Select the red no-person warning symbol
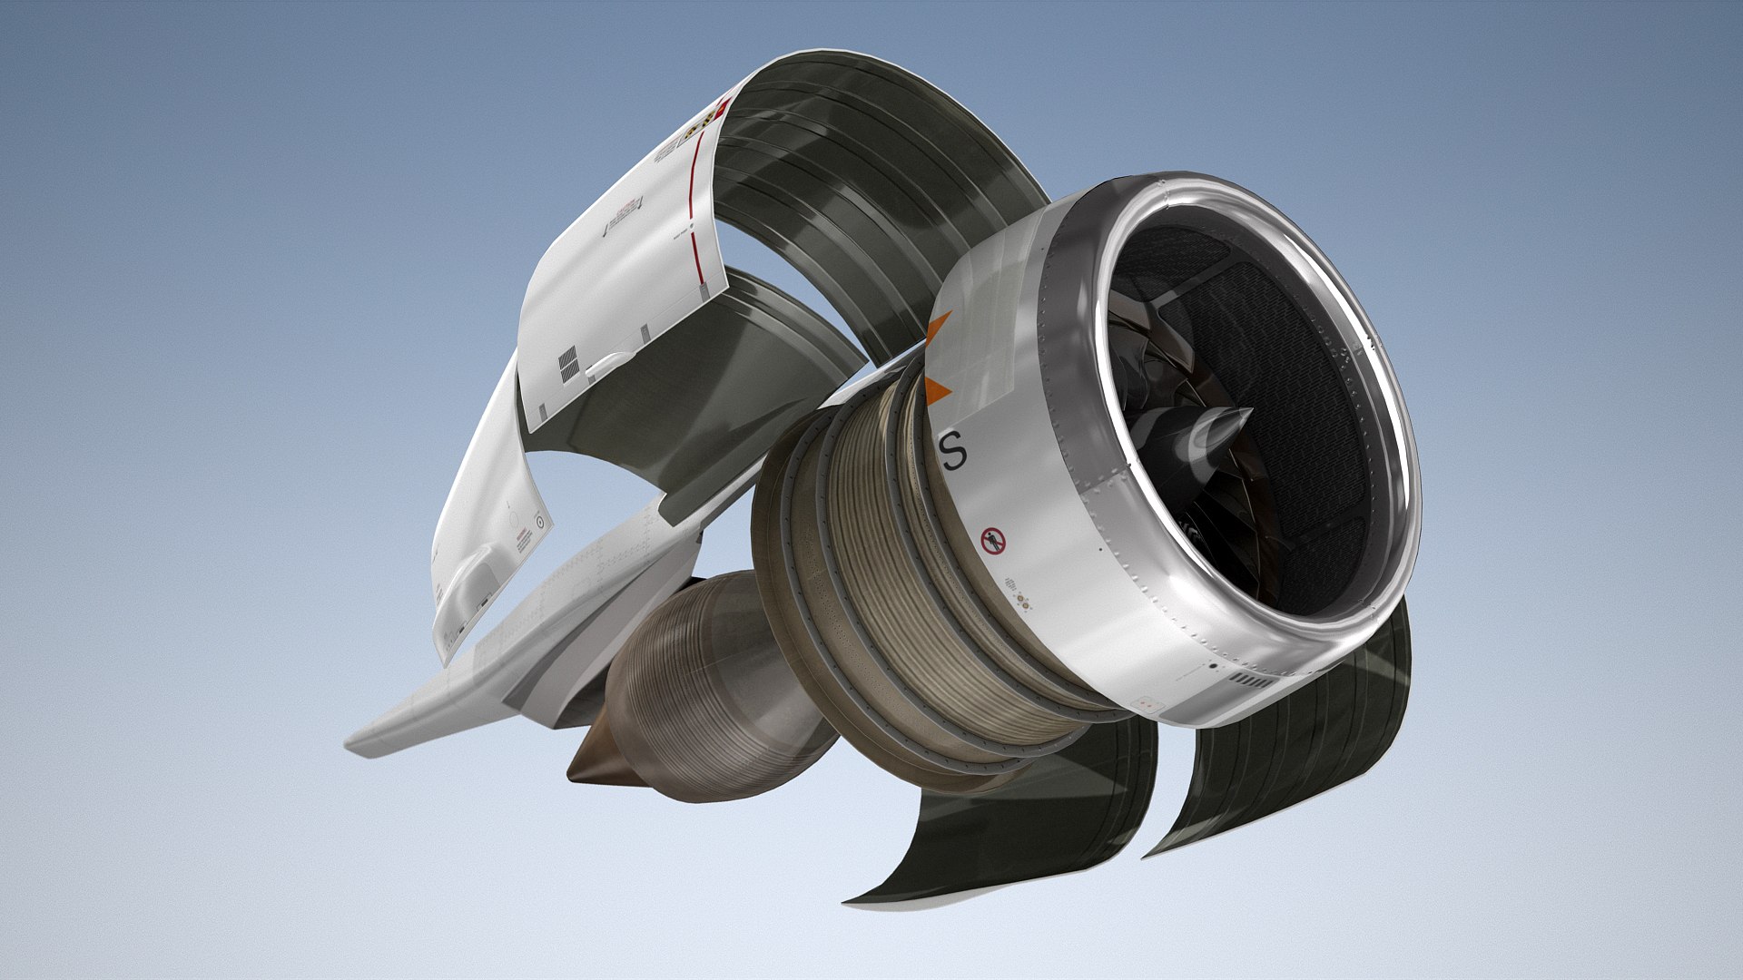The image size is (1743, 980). coord(994,542)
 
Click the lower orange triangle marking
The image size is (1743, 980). coord(937,390)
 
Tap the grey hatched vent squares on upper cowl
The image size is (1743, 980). coord(568,364)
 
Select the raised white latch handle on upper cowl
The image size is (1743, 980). coord(609,364)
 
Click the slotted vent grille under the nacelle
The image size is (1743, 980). coord(1252,680)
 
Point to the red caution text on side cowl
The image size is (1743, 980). coord(523,544)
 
